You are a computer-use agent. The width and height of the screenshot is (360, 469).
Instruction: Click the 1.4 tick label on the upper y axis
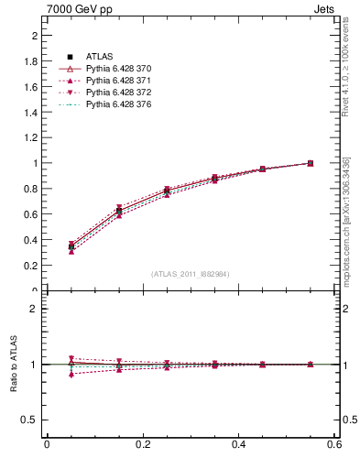tap(30, 112)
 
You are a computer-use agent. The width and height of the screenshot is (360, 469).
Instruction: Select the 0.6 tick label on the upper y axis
tap(30, 214)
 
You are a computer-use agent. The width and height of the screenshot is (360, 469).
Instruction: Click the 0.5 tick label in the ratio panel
tap(30, 420)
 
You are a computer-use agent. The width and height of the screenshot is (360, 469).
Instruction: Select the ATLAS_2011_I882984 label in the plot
tap(191, 274)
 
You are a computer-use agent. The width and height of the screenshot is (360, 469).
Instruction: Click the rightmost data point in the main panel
tap(335, 163)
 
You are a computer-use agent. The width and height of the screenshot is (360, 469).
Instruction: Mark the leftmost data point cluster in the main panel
tap(47, 246)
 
